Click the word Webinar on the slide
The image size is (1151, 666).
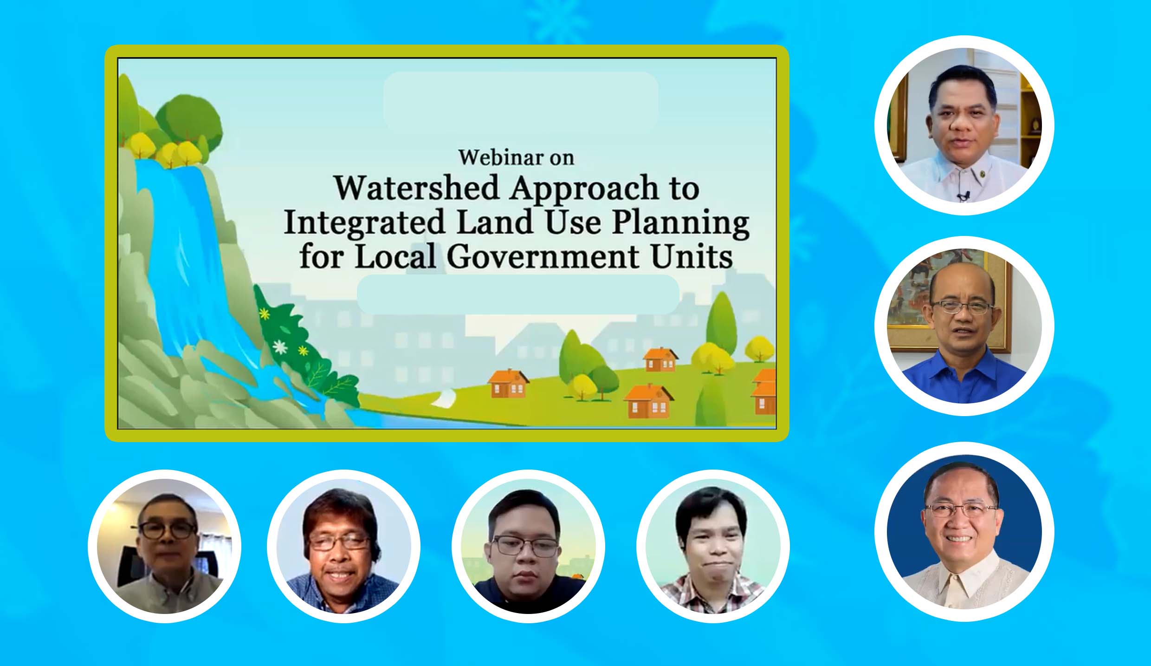tap(498, 157)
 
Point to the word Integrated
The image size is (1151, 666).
tap(364, 222)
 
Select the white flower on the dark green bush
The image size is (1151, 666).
tap(279, 346)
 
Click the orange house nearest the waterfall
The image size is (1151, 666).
tap(508, 384)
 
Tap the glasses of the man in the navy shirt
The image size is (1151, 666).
tap(525, 546)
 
